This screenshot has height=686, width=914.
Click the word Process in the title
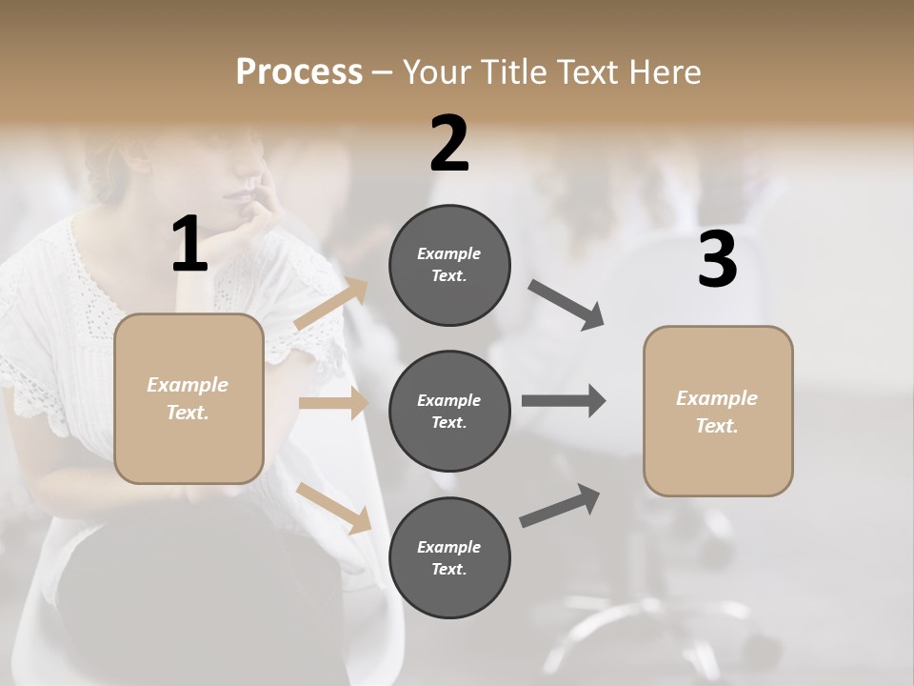coord(299,72)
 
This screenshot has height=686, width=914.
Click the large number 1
coord(189,245)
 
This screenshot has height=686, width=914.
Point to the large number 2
coord(449,144)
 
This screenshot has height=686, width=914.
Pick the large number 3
coord(717,260)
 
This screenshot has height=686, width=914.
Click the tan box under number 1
coord(189,398)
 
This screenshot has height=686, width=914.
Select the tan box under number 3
coord(718,412)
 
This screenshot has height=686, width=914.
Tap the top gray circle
coord(449,265)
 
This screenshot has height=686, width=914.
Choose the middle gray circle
coord(449,411)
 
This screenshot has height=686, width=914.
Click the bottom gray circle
coord(449,557)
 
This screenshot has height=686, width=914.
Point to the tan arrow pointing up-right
coord(331,304)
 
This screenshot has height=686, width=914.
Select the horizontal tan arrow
coord(333,403)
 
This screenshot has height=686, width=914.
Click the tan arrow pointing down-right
coord(333,508)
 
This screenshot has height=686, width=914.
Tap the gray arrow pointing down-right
coord(566,305)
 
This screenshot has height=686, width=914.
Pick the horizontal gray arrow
coord(564,400)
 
